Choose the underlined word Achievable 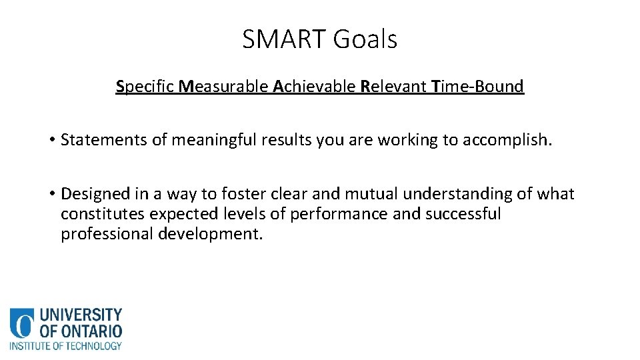(315, 87)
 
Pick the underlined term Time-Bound (478, 87)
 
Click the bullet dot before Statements (51, 140)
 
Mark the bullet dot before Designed (51, 194)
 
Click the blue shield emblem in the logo (21, 323)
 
